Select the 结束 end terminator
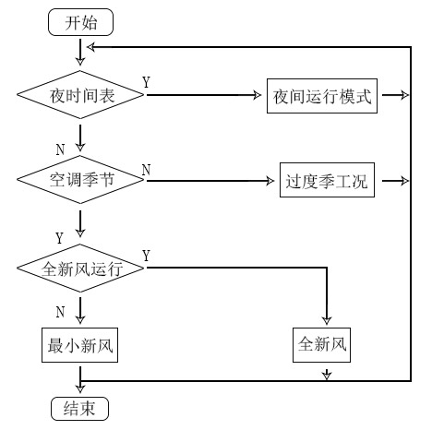(79, 408)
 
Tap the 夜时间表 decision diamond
(80, 95)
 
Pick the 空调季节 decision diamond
(80, 181)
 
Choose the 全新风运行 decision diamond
(80, 270)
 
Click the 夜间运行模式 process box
(322, 95)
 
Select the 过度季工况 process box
(323, 181)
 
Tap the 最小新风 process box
(80, 346)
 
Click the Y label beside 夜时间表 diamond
(147, 83)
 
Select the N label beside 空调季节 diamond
(147, 169)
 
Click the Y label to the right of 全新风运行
(147, 254)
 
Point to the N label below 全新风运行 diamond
(59, 311)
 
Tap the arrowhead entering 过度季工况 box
(270, 181)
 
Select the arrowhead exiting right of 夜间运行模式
(401, 95)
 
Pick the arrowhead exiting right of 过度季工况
(401, 181)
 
